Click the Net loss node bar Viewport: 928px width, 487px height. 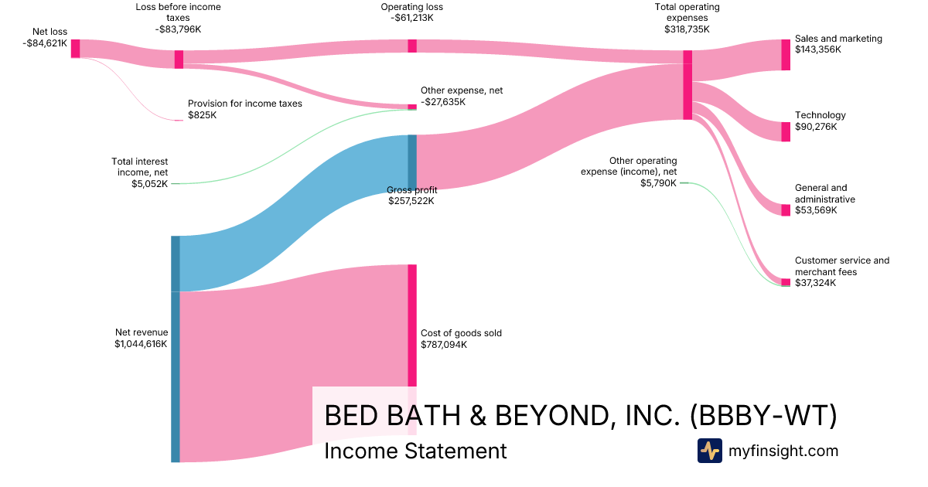[x=75, y=49]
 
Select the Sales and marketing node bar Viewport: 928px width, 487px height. [x=786, y=55]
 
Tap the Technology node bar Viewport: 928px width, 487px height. [x=786, y=132]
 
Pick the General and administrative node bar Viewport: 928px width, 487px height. [x=786, y=210]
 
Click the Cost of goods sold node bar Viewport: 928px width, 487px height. [x=412, y=325]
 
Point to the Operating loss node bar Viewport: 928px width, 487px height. [x=412, y=46]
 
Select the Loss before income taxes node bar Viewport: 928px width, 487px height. [x=179, y=60]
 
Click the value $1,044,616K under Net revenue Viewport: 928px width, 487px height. [x=141, y=344]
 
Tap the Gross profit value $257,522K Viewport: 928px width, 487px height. [x=411, y=201]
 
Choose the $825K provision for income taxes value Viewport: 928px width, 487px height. [x=203, y=115]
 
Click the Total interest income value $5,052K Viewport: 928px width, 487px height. [x=150, y=184]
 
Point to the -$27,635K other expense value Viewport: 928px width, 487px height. [x=443, y=102]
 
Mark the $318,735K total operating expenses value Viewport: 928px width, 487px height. [x=687, y=29]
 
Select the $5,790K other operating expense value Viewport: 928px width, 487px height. [x=658, y=183]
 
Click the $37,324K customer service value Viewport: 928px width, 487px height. [x=816, y=283]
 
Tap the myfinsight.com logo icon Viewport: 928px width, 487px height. [x=709, y=451]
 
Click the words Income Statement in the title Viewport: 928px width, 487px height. [x=415, y=451]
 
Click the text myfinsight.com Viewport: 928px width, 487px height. [x=783, y=451]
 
